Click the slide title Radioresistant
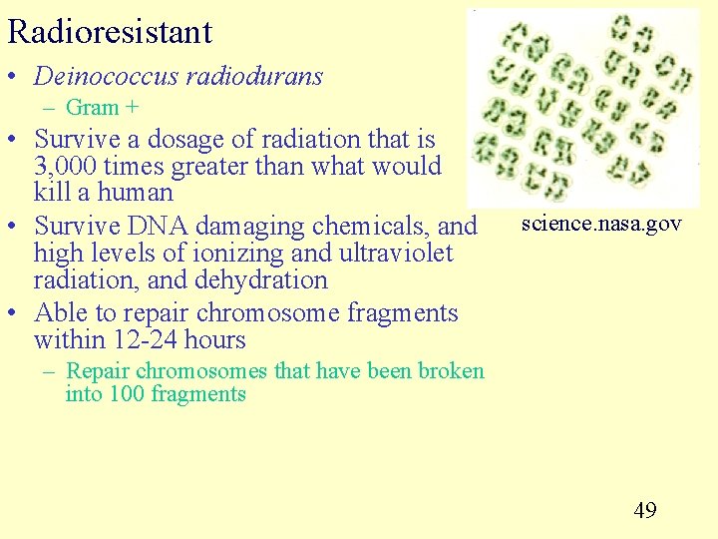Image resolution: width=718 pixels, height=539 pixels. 110,32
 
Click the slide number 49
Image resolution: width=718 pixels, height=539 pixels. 645,511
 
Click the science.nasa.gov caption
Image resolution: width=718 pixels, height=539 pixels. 601,223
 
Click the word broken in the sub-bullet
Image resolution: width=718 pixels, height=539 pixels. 451,371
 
